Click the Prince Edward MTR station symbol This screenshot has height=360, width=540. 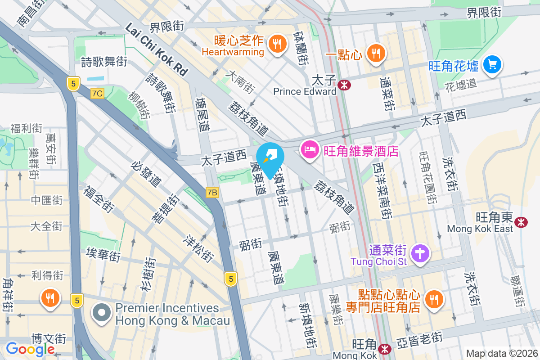(345, 85)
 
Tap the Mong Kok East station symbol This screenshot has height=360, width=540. (521, 221)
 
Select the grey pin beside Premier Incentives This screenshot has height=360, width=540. (102, 313)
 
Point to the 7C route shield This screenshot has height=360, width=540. (97, 94)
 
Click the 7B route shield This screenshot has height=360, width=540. (212, 193)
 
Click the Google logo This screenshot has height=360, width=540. (30, 349)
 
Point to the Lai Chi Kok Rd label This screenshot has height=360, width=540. (157, 49)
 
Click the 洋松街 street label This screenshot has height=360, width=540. (198, 248)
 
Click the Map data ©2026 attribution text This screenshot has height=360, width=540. (501, 353)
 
